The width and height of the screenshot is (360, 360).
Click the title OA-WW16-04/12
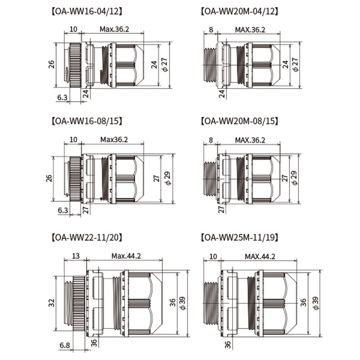86,12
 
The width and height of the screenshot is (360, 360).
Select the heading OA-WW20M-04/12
239,12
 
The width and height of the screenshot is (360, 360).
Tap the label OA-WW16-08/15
86,121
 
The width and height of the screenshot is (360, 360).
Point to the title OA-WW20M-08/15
239,121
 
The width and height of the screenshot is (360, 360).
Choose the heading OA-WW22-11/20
86,238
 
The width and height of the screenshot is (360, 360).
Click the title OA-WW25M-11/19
239,238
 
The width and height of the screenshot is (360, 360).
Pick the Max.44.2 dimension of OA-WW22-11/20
126,256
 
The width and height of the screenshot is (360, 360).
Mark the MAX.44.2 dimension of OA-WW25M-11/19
260,256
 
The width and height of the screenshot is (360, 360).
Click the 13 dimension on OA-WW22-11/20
76,256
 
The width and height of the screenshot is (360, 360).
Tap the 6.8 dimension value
65,345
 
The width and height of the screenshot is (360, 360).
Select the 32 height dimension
52,303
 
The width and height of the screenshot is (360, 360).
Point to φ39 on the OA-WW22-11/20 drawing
183,303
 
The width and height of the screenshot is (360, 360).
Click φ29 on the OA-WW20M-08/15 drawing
295,178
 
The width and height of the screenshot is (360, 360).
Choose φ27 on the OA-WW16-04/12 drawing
165,65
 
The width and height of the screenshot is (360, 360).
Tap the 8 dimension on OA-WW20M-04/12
211,30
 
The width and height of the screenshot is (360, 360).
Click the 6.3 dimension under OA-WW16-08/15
63,210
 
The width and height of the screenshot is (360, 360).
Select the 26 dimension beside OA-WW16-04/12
52,64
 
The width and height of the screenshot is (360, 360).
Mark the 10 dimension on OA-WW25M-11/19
213,256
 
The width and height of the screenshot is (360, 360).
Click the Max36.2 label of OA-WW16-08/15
114,139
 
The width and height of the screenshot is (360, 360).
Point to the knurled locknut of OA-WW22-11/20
79,303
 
